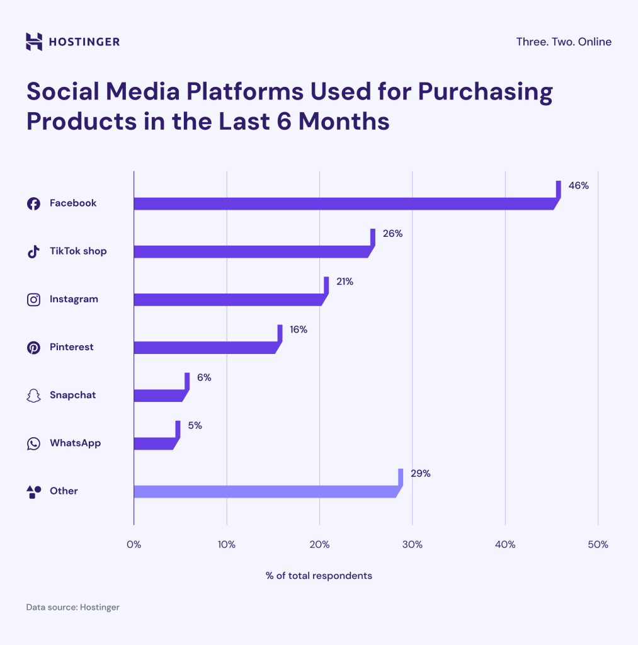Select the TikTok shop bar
pos(252,251)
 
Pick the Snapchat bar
pos(159,396)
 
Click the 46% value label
pos(578,186)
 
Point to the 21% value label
pos(345,282)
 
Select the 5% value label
pos(195,425)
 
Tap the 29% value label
pos(420,473)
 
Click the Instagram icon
pos(33,299)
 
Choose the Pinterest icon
pos(33,347)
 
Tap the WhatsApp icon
pos(33,443)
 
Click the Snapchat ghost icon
pos(33,396)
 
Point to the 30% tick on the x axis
pos(412,544)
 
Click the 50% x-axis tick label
pos(598,544)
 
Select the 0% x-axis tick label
pos(134,544)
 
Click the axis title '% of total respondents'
pos(319,576)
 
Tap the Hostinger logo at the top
pos(72,42)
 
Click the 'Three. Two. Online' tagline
pos(564,42)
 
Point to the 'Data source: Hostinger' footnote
pos(72,607)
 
